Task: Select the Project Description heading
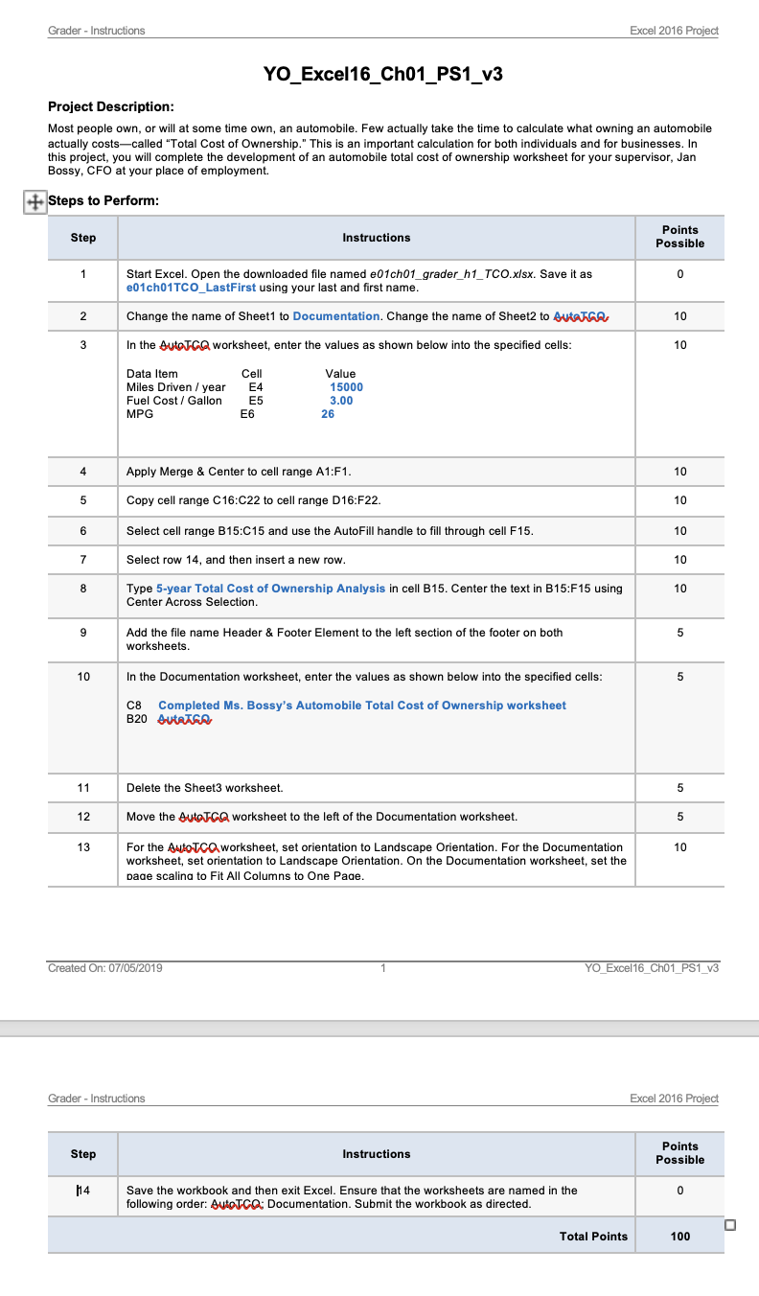click(x=111, y=106)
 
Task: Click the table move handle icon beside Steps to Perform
click(x=33, y=201)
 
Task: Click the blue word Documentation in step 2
click(x=336, y=316)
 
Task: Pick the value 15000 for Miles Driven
click(x=346, y=387)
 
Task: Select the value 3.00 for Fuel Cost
click(x=341, y=401)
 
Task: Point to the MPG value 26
click(x=329, y=414)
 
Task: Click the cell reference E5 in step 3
click(x=255, y=401)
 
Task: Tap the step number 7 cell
click(x=83, y=560)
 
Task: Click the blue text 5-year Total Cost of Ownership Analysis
click(x=270, y=589)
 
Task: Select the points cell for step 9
click(x=679, y=633)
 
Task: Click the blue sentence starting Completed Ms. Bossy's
click(x=361, y=706)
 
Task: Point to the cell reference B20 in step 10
click(x=137, y=718)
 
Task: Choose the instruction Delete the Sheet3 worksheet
click(x=204, y=788)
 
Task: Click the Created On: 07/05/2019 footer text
click(x=105, y=968)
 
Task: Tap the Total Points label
click(x=593, y=1237)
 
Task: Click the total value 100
click(x=679, y=1237)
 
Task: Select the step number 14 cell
click(x=83, y=1191)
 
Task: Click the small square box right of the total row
click(x=731, y=1224)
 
